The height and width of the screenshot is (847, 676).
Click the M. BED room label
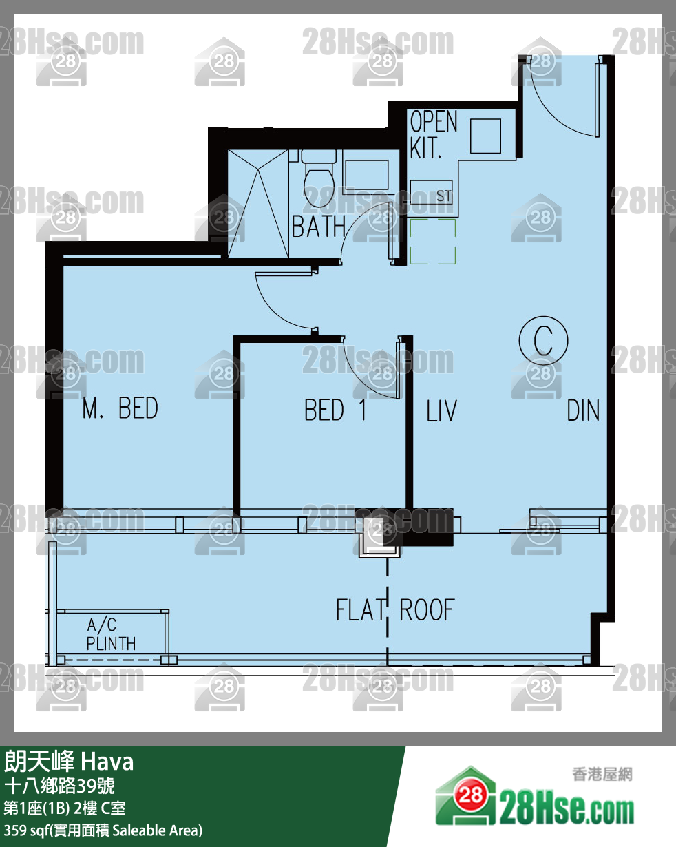(120, 408)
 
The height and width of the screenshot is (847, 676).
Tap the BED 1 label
(336, 410)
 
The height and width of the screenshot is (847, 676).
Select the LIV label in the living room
(441, 411)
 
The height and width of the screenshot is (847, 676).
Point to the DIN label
(583, 410)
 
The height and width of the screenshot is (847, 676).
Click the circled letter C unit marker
(543, 340)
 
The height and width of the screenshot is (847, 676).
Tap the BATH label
(318, 227)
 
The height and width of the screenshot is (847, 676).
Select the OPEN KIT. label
(433, 134)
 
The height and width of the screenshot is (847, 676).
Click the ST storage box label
(444, 196)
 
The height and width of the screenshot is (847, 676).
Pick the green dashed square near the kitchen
(433, 242)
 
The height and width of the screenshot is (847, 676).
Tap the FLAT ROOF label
(395, 610)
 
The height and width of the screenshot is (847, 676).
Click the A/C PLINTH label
(111, 634)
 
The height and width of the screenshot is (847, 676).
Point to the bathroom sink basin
(367, 175)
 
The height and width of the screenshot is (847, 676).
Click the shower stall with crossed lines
(258, 204)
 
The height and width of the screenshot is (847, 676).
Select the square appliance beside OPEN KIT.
(485, 136)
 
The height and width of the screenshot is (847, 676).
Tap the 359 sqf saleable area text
(103, 830)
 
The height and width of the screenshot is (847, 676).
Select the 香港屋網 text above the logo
(602, 775)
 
